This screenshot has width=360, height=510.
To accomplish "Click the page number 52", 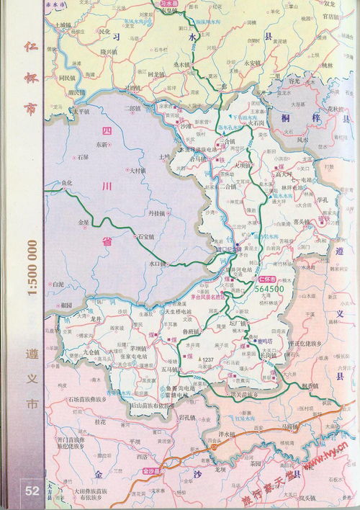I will pyautogui.click(x=32, y=491).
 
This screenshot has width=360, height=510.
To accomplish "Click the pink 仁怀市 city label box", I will pyautogui.click(x=267, y=277).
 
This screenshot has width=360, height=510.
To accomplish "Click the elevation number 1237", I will pyautogui.click(x=210, y=359).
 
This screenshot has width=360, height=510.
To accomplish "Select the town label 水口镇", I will pyautogui.click(x=157, y=264).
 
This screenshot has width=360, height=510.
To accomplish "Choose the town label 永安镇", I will pyautogui.click(x=254, y=62).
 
